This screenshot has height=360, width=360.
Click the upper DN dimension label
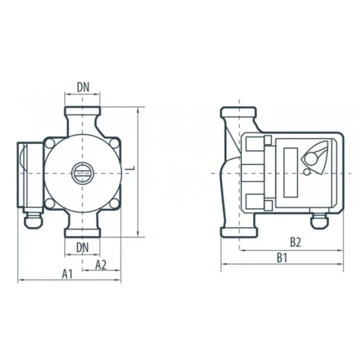point(83,87)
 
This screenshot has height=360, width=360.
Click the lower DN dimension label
point(82,248)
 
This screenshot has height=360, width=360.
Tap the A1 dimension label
point(67,274)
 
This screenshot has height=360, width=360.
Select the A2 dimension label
point(101,265)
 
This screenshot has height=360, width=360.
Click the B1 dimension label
point(282,258)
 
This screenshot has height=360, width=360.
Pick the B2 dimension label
point(295,242)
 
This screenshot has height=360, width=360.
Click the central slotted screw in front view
point(82,173)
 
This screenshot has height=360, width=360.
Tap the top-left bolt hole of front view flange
point(50,143)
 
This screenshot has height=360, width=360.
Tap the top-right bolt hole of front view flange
point(114,143)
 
